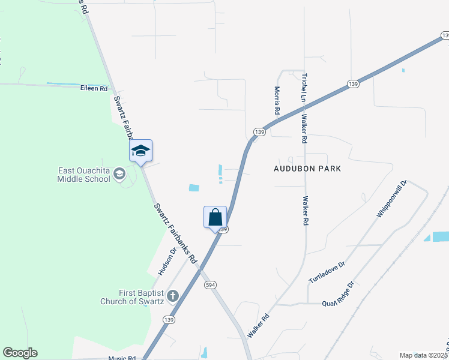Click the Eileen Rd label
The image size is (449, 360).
coord(94,88)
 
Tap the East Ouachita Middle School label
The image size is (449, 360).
coord(84,175)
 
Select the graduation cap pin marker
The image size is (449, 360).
coord(140,151)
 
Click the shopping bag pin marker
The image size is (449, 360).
coord(215,218)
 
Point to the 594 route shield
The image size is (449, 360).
coord(209,284)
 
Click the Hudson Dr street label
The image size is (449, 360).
coord(167,262)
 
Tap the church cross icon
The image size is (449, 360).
coord(173,295)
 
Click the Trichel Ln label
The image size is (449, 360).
coord(304,88)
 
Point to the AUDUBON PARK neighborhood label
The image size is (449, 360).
coord(307,169)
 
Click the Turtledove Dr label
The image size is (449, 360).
coord(327,272)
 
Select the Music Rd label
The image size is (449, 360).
coord(122,358)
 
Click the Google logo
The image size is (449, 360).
coord(20,353)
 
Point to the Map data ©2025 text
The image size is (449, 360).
coord(424,355)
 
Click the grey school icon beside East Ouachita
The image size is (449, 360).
coord(119,174)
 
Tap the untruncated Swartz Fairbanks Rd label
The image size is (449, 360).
coord(175,235)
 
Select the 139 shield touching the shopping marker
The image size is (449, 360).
coord(223,229)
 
